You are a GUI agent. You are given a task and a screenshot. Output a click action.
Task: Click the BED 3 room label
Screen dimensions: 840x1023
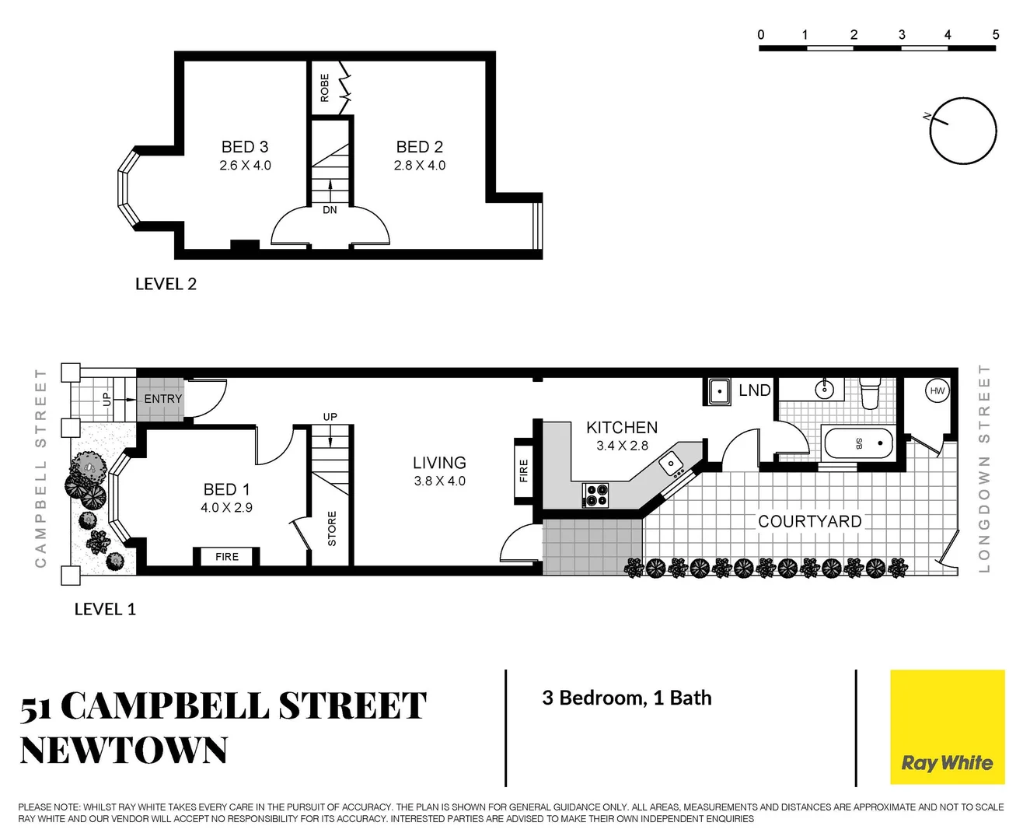click(x=245, y=147)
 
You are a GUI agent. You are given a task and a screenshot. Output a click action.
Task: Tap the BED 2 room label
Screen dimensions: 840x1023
click(x=419, y=147)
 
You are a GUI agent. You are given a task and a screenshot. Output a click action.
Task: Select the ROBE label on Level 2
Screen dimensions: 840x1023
click(x=325, y=88)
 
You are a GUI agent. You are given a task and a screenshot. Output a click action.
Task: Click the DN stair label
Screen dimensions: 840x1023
click(x=330, y=210)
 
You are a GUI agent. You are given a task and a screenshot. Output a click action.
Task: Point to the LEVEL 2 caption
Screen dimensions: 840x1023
click(x=166, y=284)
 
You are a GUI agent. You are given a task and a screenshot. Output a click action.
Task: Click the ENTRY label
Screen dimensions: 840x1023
click(x=162, y=399)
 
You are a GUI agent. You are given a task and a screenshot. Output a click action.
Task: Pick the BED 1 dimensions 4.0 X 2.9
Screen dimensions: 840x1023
click(x=226, y=508)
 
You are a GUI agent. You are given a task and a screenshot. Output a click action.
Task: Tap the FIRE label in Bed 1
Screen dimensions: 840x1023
click(x=227, y=557)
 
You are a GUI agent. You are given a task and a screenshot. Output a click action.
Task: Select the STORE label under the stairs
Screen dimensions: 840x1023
click(x=332, y=529)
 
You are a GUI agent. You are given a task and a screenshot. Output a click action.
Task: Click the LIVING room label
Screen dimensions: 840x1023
click(x=439, y=463)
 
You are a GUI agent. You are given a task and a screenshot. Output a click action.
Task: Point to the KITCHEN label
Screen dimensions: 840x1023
click(x=622, y=428)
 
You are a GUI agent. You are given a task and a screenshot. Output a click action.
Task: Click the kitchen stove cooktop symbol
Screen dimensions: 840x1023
click(x=596, y=495)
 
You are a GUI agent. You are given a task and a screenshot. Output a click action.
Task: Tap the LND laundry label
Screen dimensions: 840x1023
click(x=754, y=390)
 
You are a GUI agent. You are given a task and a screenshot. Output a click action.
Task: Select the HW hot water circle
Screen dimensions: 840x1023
click(x=937, y=391)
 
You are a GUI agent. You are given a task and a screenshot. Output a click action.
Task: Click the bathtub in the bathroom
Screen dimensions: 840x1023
click(x=858, y=443)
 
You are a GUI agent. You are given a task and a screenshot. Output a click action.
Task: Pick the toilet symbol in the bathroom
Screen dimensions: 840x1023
click(x=871, y=393)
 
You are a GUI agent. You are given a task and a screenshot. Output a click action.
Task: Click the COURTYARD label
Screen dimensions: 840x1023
click(x=809, y=521)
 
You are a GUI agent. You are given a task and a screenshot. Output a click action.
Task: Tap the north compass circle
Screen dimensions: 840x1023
click(x=963, y=131)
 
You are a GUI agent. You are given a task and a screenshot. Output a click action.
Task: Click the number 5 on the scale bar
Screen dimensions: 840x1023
click(x=995, y=35)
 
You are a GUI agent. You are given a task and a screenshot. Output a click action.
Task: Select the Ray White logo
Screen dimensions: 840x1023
click(x=947, y=727)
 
